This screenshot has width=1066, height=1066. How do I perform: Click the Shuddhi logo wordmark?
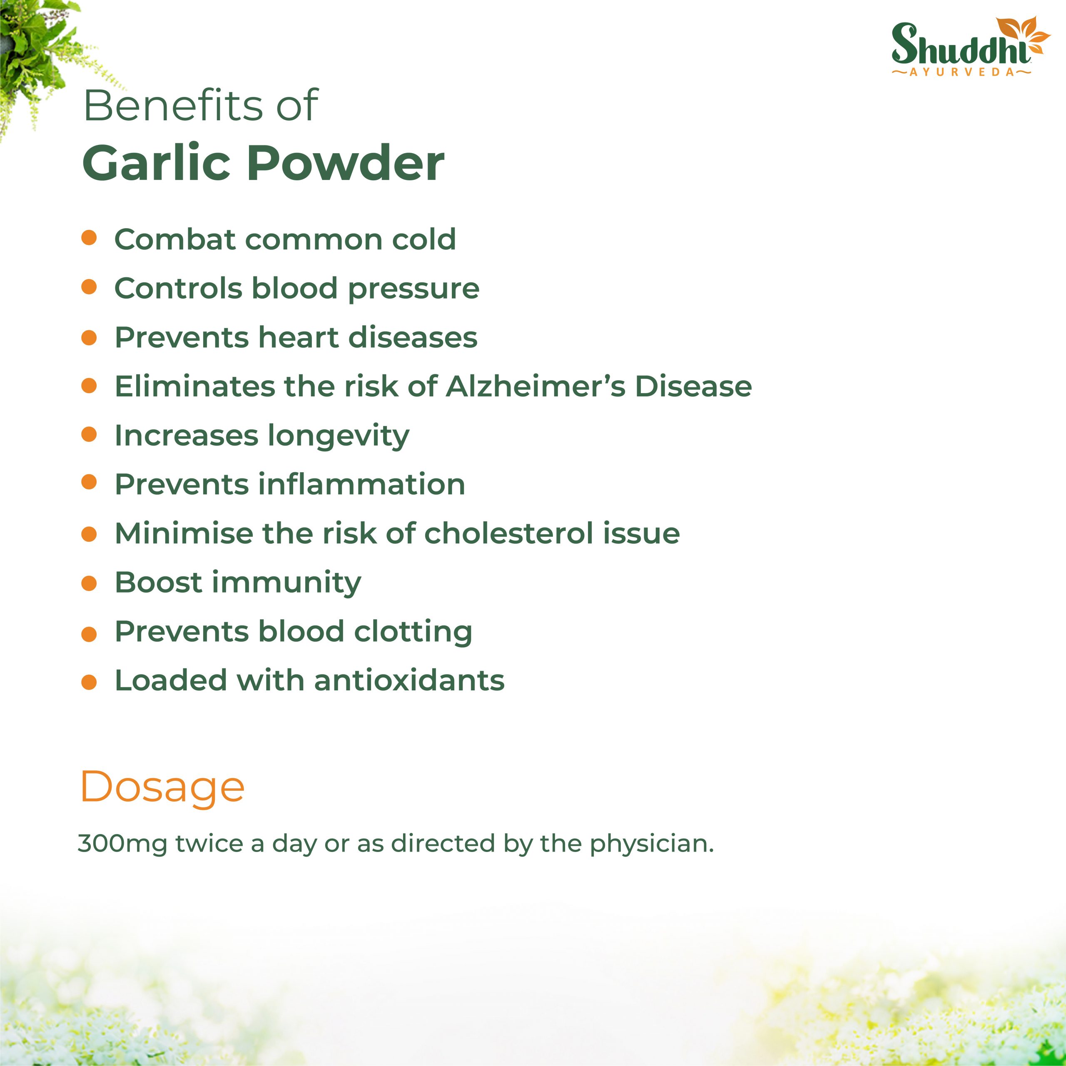961,45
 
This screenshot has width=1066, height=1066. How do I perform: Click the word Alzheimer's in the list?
535,386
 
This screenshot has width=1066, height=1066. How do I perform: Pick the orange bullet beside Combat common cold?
89,238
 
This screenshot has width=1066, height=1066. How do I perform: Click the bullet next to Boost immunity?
89,583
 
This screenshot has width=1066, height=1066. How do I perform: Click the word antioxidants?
409,681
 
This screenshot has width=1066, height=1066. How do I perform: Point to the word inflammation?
361,484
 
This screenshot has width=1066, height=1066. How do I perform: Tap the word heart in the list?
298,338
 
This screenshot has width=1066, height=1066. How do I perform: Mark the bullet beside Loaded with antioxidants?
89,682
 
